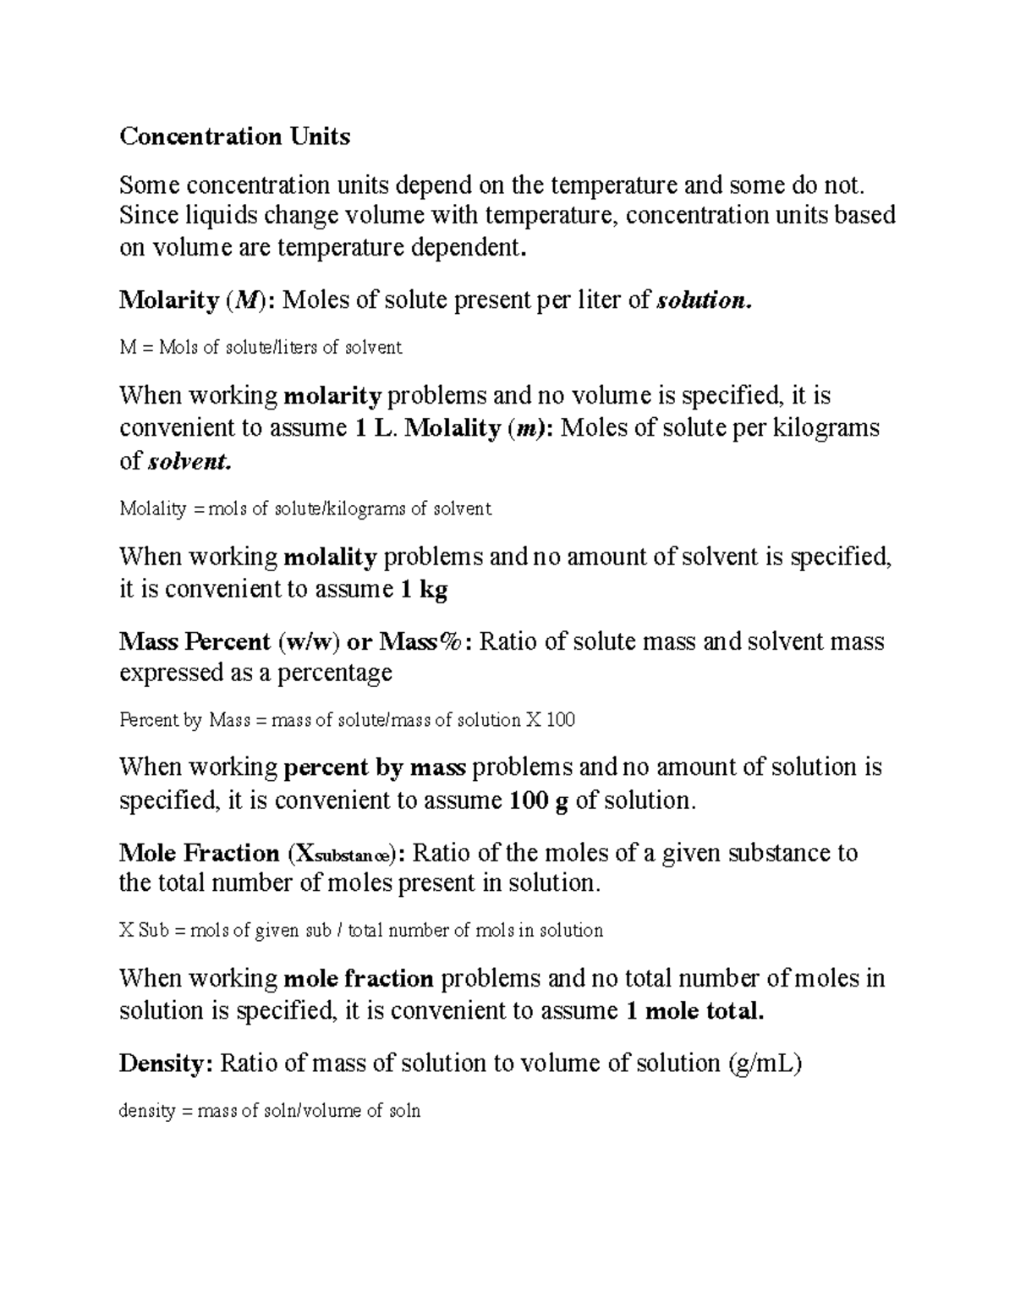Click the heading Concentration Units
pos(234,136)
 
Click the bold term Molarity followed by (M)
pos(169,300)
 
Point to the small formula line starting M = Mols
pos(261,347)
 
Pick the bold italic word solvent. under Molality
pos(188,461)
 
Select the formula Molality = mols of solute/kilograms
pos(304,509)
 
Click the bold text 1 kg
pos(425,589)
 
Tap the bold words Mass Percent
pos(195,641)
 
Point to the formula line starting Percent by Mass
pos(347,720)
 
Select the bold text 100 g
pos(539,800)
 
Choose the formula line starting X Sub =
pos(361,931)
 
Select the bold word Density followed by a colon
pos(166,1064)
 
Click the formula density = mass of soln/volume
pos(270,1111)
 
